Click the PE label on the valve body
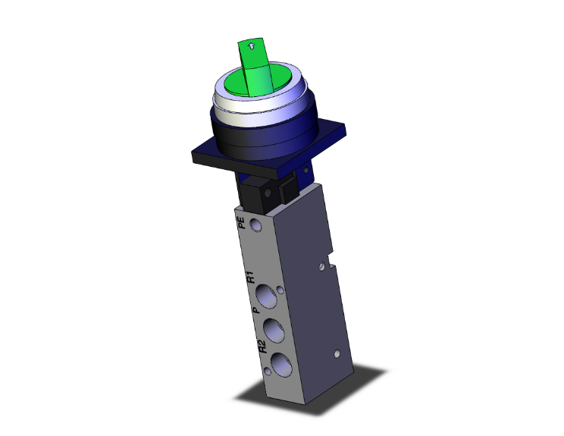(242, 222)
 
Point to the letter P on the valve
(255, 310)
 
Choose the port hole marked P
(272, 330)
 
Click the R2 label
(261, 348)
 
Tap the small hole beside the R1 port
(282, 290)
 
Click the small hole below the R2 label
(267, 372)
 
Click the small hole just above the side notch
(323, 266)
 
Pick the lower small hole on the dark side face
(335, 354)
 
